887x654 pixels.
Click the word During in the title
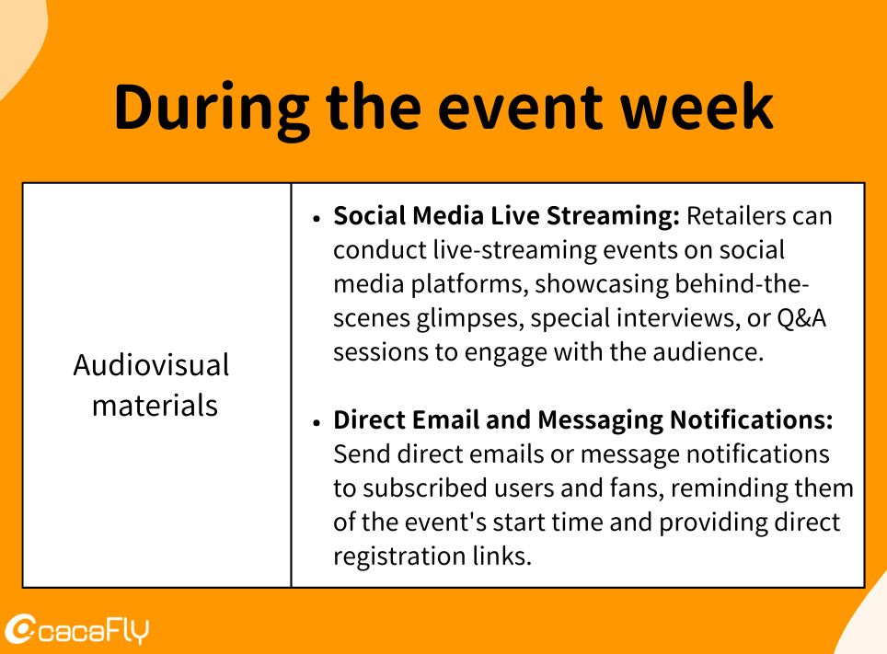pyautogui.click(x=213, y=108)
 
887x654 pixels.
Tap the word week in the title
pyautogui.click(x=697, y=107)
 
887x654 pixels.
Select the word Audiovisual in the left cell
pyautogui.click(x=151, y=365)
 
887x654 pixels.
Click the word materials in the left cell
pyautogui.click(x=155, y=406)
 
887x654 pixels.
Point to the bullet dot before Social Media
pyautogui.click(x=317, y=219)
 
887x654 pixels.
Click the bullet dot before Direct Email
pyautogui.click(x=317, y=422)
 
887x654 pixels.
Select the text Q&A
pyautogui.click(x=801, y=318)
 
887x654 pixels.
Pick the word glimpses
pyautogui.click(x=467, y=319)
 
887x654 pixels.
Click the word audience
pyautogui.click(x=708, y=352)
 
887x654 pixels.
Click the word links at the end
pyautogui.click(x=502, y=556)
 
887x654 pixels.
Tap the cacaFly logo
pyautogui.click(x=77, y=629)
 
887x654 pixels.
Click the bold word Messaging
pyautogui.click(x=600, y=421)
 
